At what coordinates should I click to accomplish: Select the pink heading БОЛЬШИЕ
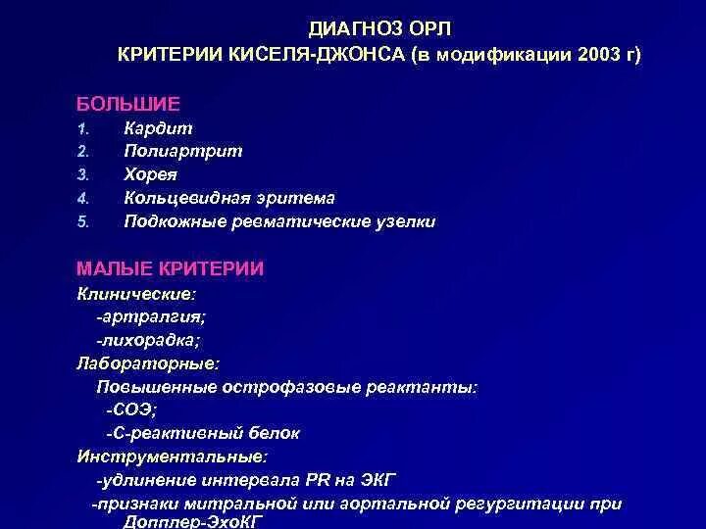[x=128, y=102]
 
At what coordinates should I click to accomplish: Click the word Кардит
[x=158, y=128]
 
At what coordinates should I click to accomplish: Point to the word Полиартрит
[x=183, y=151]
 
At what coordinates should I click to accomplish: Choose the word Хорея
[x=153, y=174]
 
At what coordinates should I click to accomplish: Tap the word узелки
[x=405, y=221]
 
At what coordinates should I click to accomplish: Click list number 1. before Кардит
[x=84, y=129]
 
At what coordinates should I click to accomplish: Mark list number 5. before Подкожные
[x=83, y=222]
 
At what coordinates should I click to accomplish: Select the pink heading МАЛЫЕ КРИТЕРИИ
[x=170, y=268]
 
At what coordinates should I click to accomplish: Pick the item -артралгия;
[x=151, y=316]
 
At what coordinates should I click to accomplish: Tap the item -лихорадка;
[x=148, y=340]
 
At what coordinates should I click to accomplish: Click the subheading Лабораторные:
[x=148, y=363]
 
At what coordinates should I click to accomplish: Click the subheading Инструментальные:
[x=172, y=457]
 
